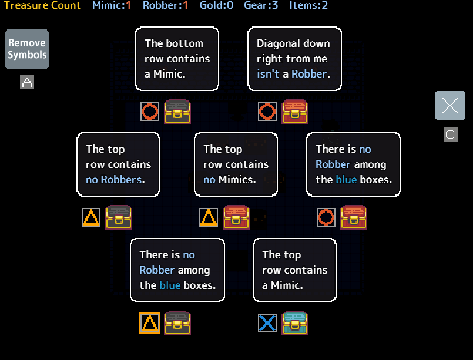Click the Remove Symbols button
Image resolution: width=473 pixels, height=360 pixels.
(x=27, y=49)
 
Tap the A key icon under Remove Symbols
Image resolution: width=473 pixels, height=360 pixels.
(x=27, y=82)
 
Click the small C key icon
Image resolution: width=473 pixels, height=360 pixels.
(x=450, y=134)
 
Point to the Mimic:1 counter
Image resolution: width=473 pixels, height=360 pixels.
(x=112, y=6)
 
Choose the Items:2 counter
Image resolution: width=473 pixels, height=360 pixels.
(x=308, y=6)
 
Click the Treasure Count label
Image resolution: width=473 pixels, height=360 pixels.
(x=42, y=6)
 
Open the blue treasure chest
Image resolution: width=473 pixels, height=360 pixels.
(x=295, y=323)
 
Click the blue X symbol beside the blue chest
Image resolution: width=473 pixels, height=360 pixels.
(x=267, y=323)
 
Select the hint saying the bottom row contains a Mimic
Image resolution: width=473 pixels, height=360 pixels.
(x=177, y=59)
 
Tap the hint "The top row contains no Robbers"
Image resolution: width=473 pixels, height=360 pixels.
(x=118, y=164)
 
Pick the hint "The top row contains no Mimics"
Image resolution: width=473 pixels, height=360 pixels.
(x=236, y=164)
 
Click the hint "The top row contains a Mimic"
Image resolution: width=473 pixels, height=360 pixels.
(x=294, y=270)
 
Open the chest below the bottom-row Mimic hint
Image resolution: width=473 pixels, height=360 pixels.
(x=177, y=112)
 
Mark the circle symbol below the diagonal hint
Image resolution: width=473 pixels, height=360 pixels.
(x=267, y=112)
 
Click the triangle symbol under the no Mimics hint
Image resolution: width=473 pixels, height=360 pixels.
(x=209, y=217)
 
